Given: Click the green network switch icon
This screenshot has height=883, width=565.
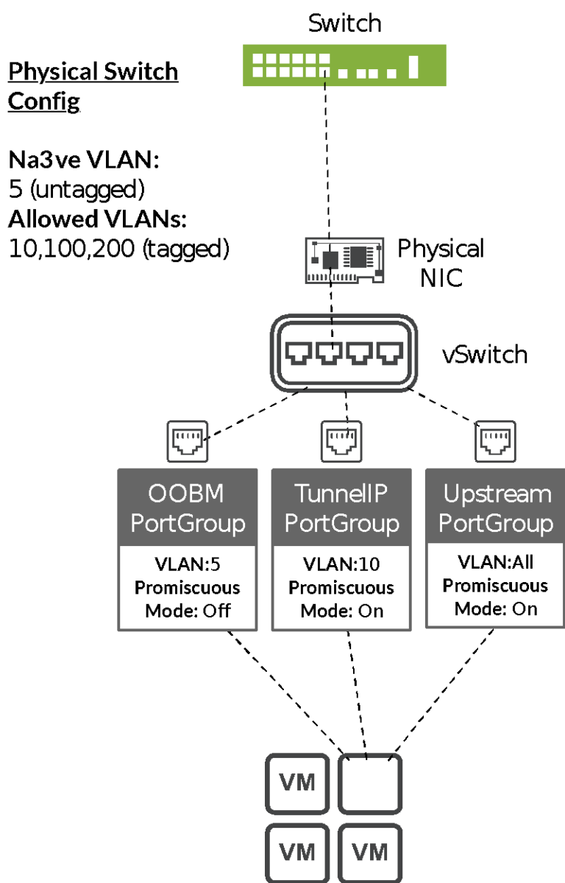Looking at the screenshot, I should point(344,65).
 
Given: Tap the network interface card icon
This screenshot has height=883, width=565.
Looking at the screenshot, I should point(345,260).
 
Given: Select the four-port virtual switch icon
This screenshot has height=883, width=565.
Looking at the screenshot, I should point(344,353).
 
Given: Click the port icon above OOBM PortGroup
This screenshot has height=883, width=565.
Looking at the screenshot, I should point(188,441).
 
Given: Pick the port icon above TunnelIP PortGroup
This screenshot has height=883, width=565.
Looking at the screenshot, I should point(341,441).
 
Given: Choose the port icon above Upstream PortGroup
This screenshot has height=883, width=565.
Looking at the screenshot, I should point(495,441).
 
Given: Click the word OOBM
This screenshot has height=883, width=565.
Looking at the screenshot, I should point(186,494).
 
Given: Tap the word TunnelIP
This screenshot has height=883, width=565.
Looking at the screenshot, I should point(341,494).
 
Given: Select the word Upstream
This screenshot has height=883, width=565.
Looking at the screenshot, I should point(497,494).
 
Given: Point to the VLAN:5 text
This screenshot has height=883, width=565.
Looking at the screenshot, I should point(188,564).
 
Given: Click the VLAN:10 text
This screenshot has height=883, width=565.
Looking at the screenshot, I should point(341,564).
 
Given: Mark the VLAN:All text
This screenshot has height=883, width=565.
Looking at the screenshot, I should point(495,562).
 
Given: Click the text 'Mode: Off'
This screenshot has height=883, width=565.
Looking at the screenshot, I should point(188,611).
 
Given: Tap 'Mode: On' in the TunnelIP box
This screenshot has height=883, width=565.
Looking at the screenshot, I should point(341,611).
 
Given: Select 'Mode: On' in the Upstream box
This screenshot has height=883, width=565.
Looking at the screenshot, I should point(495,609).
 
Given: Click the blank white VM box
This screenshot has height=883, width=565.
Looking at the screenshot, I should point(371,784).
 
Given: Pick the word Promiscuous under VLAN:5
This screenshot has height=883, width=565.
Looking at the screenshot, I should point(188,588).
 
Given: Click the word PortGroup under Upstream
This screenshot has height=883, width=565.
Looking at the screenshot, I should point(495,524).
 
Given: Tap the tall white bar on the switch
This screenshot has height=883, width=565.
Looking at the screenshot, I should point(413,66).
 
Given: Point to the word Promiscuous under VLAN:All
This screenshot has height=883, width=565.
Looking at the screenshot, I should point(495,586).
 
